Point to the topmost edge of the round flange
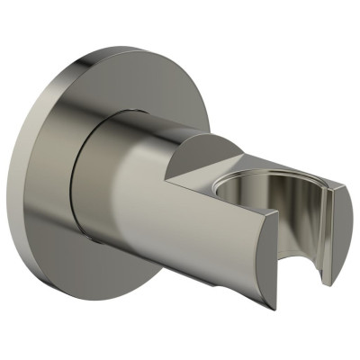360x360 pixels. pos(126,47)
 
